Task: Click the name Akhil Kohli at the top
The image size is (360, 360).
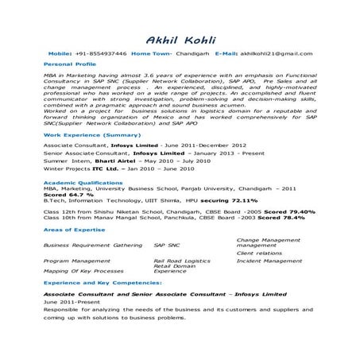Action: point(180,39)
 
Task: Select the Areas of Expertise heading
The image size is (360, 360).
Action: point(73,229)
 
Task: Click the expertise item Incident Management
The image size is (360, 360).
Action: point(271,260)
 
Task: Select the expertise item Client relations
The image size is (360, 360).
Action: point(260,253)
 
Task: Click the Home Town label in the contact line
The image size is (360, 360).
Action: point(150,52)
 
